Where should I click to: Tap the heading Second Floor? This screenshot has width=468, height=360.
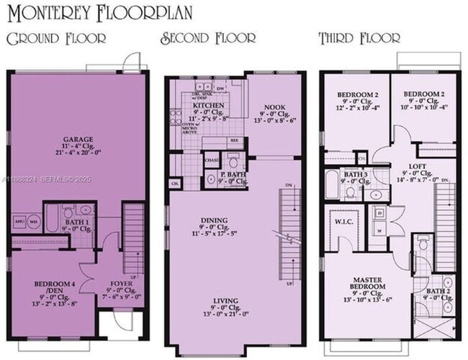click(208, 38)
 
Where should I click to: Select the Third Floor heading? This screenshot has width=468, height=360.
click(360, 38)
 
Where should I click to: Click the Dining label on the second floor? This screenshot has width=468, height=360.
click(215, 220)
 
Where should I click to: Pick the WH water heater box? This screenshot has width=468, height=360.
click(33, 221)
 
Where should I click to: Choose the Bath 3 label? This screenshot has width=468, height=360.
click(356, 175)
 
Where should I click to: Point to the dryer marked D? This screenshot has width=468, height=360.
click(379, 214)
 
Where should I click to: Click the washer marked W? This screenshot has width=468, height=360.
click(379, 231)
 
